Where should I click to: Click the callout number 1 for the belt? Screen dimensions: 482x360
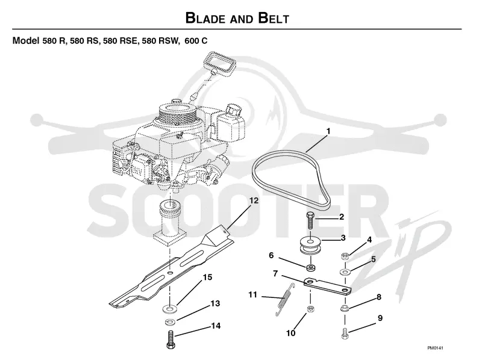pos(328,131)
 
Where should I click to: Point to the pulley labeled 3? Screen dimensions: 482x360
pos(310,245)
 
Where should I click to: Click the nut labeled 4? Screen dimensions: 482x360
pos(345,256)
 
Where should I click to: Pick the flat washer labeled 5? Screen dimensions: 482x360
pos(345,272)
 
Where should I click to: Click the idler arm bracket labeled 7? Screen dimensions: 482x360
pos(328,287)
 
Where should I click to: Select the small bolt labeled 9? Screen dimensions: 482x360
pos(345,333)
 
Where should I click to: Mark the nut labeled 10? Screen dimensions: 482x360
pos(310,309)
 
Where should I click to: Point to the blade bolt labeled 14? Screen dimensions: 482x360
pos(171,340)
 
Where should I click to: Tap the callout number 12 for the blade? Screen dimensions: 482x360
pos(254,200)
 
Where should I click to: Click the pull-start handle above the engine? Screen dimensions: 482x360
pos(221,64)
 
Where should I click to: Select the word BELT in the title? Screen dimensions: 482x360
pos(274,18)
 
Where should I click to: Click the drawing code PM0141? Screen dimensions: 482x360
pos(435,348)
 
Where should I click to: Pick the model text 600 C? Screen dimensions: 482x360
pos(196,40)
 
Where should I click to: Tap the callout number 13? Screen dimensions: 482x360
pos(215,303)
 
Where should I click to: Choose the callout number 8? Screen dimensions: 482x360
pos(379,297)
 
